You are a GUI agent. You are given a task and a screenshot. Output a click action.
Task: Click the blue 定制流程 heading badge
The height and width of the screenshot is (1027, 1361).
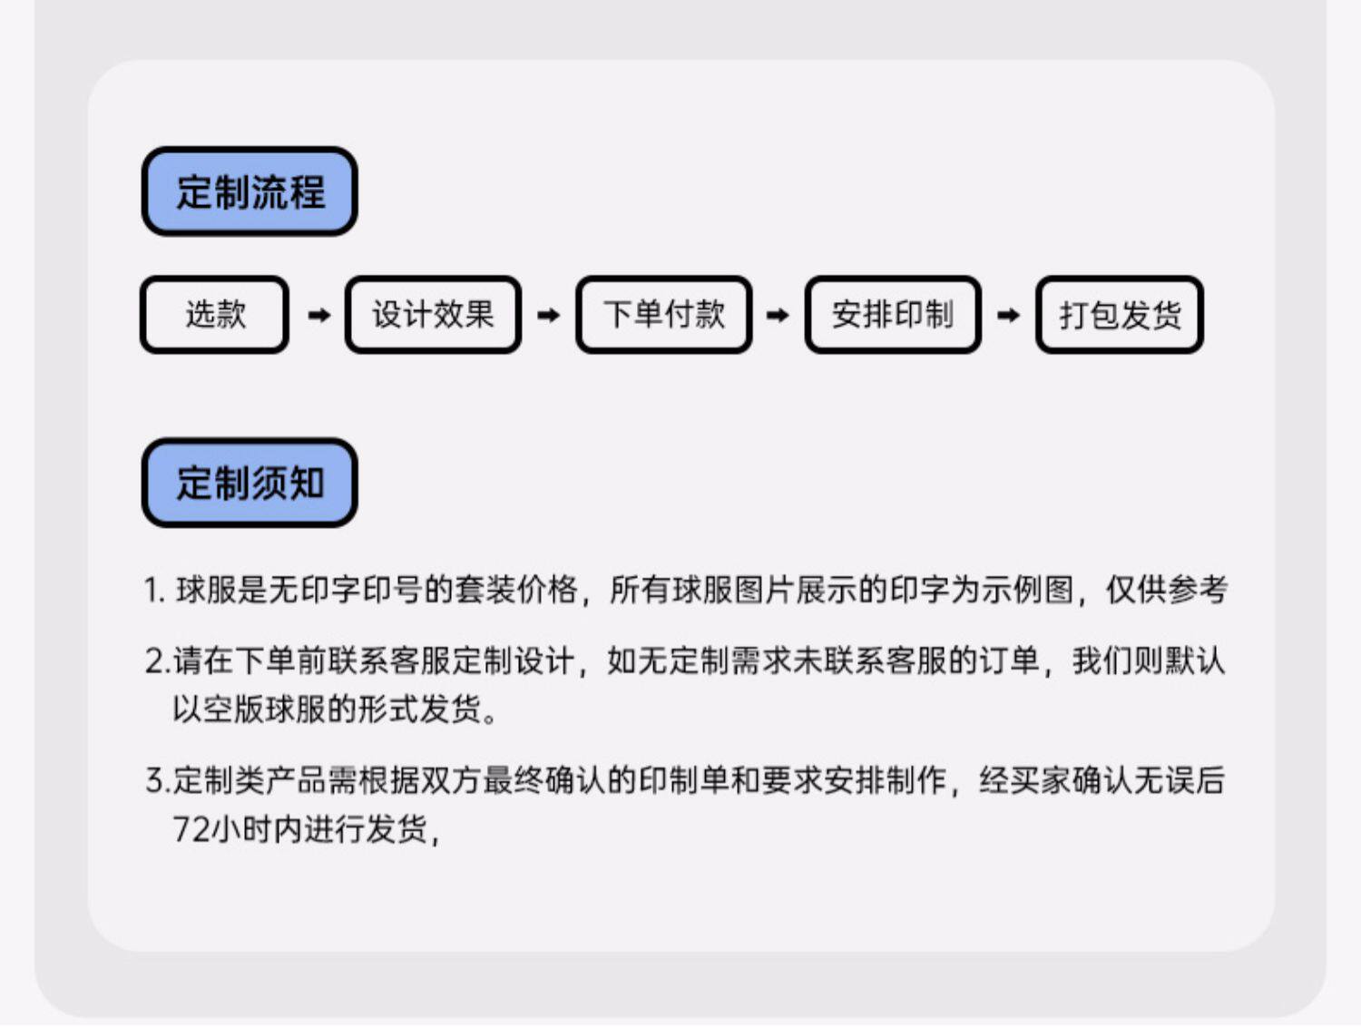[x=250, y=191]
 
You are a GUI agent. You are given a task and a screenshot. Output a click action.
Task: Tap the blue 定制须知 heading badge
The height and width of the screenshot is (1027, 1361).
[x=250, y=483]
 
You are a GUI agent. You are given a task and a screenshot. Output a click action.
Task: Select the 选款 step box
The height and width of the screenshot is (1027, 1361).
[x=215, y=315]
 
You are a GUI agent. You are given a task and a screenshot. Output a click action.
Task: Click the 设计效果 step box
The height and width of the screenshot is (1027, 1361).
[x=433, y=315]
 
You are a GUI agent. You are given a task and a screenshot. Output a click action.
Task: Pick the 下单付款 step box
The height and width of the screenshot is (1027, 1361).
[x=664, y=315]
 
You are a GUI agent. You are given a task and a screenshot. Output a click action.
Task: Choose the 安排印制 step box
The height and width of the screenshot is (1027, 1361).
[x=893, y=315]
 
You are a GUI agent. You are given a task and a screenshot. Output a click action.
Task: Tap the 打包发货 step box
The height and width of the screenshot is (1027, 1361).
[x=1120, y=315]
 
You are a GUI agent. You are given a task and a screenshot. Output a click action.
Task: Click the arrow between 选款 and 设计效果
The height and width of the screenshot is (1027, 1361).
[x=318, y=315]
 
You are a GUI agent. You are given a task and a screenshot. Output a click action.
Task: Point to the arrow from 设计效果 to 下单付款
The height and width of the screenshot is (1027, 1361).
[x=548, y=315]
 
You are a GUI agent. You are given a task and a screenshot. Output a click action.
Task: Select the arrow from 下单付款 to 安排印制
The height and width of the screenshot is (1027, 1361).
[x=778, y=315]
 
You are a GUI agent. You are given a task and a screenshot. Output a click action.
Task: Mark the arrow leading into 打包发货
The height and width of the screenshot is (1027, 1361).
[x=1008, y=315]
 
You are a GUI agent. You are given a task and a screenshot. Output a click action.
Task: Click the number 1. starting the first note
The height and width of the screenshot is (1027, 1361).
[x=154, y=591]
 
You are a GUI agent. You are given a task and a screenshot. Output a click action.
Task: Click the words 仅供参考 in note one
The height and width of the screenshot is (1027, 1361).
[x=1166, y=590]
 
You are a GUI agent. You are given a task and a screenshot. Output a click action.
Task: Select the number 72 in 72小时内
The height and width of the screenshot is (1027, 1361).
[x=191, y=828]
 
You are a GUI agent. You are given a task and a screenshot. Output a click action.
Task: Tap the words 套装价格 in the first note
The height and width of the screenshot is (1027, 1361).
[x=516, y=590]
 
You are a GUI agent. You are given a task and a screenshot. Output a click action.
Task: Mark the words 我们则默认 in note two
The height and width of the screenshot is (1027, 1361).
[x=1148, y=660]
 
